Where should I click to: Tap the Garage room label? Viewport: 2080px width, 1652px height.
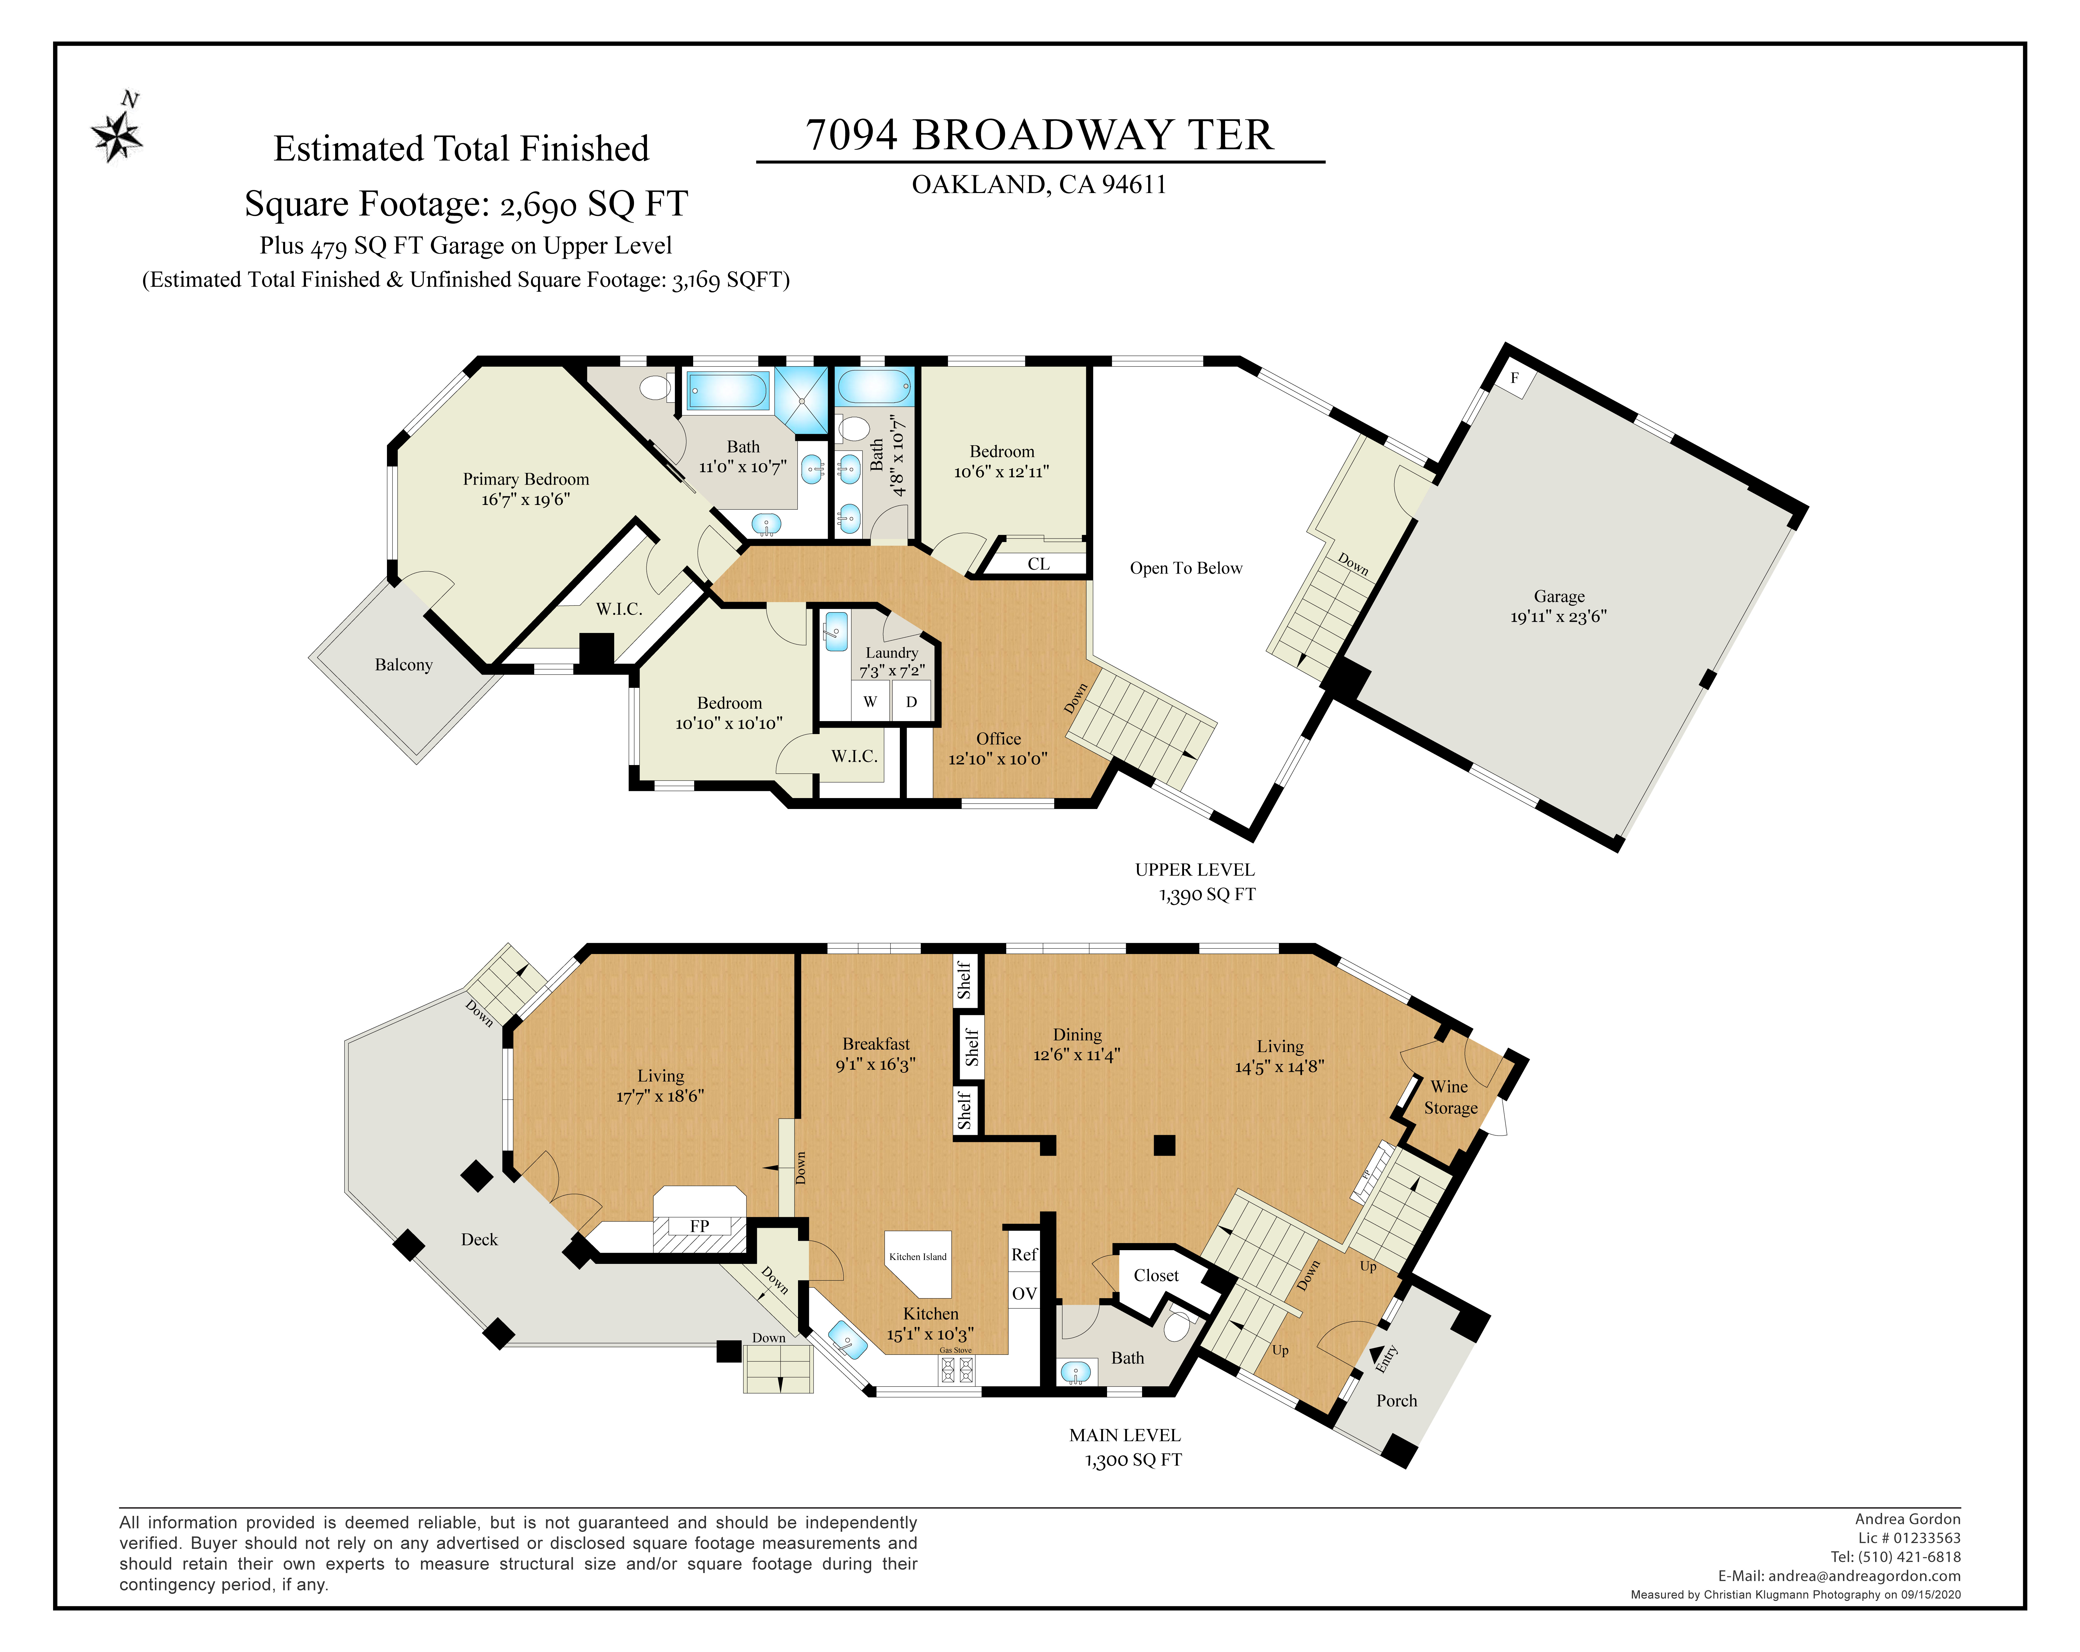click(x=1559, y=596)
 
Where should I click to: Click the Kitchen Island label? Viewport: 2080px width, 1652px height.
click(x=917, y=1256)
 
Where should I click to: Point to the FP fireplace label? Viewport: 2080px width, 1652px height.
click(x=700, y=1226)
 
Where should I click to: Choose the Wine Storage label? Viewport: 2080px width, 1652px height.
click(x=1450, y=1097)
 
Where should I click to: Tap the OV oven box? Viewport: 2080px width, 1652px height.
click(x=1023, y=1293)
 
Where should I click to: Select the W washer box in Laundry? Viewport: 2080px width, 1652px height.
click(x=870, y=702)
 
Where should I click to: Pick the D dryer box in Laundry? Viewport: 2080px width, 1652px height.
click(x=911, y=702)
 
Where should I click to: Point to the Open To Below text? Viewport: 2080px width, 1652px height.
click(x=1186, y=568)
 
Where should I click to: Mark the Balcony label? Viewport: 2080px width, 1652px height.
click(x=403, y=665)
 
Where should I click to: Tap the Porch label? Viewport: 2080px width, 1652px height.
click(x=1396, y=1400)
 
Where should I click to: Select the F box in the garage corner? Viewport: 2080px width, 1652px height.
click(x=1515, y=378)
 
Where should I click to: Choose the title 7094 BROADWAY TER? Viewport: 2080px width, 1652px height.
click(x=1039, y=135)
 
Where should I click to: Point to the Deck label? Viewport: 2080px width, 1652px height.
click(x=479, y=1240)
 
